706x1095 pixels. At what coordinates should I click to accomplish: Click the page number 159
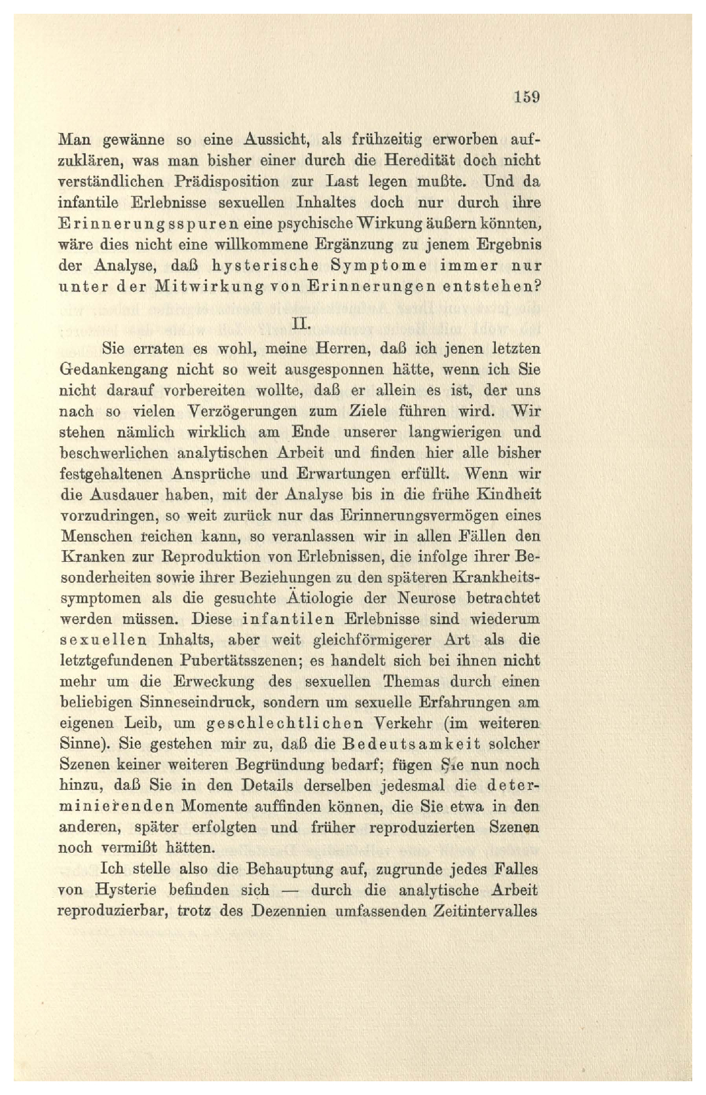526,97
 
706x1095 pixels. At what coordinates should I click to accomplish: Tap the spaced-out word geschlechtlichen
285,723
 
